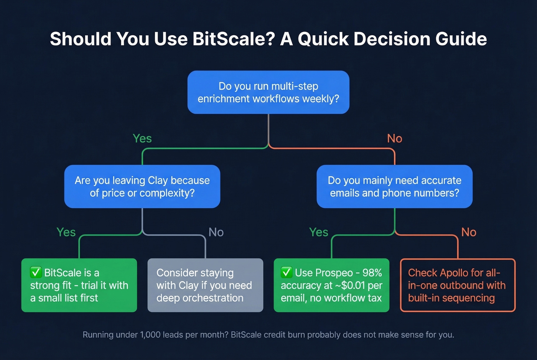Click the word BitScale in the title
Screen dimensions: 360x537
click(x=233, y=39)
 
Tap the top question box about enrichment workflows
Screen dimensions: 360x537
click(x=268, y=92)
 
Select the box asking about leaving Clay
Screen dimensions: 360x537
click(x=142, y=187)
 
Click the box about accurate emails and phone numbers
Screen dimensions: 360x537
click(x=394, y=187)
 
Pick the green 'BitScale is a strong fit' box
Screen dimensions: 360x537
click(x=79, y=285)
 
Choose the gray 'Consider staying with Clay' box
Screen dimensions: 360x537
click(x=205, y=285)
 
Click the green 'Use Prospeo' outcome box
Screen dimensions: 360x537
click(x=331, y=285)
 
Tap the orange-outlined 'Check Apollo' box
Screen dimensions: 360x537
click(x=458, y=285)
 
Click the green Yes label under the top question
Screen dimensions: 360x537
click(x=142, y=138)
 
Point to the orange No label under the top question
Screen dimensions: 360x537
click(x=394, y=138)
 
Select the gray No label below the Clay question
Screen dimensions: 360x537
click(x=216, y=232)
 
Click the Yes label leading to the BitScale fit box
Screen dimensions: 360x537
click(x=66, y=232)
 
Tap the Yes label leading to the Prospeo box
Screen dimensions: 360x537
click(x=318, y=232)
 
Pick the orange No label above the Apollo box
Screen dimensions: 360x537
click(x=469, y=232)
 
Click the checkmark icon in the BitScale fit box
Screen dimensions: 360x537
click(x=36, y=273)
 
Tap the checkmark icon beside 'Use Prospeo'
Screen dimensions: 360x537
click(x=287, y=273)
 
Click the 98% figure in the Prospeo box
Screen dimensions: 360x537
click(x=372, y=273)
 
